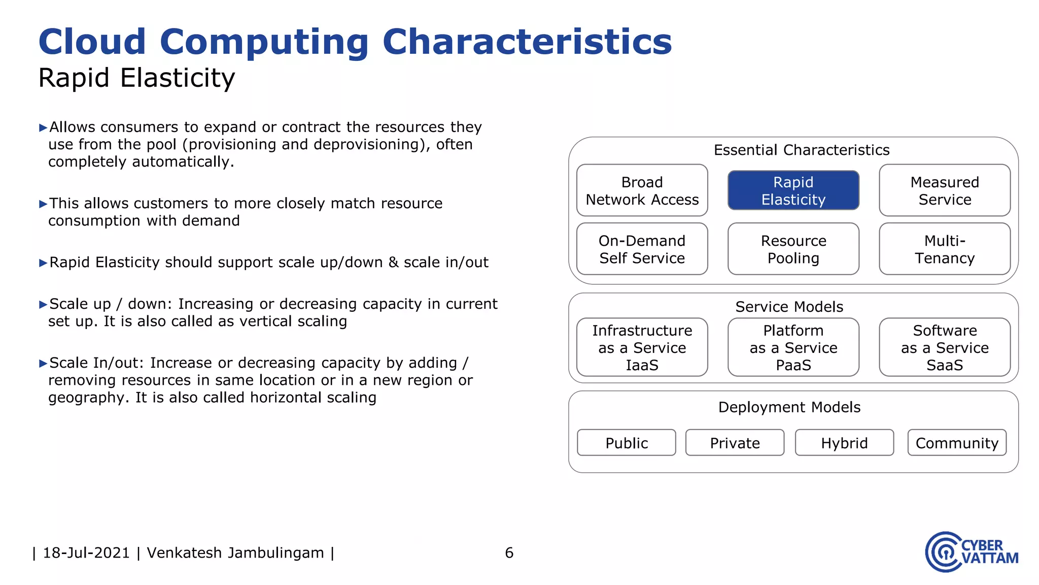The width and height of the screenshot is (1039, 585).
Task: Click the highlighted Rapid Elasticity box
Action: (x=793, y=190)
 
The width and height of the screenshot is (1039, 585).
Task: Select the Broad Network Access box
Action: (x=642, y=190)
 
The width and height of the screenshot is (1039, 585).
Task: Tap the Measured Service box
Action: (x=944, y=190)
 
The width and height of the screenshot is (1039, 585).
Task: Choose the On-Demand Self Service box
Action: (x=642, y=249)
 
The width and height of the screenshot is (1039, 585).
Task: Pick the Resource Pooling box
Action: (x=793, y=249)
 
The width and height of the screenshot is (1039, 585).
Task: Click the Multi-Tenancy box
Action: (x=944, y=249)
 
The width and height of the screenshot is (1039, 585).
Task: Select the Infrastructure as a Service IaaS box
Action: (x=642, y=347)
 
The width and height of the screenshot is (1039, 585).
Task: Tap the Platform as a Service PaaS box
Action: (x=793, y=347)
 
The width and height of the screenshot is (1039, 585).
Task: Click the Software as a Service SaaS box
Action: (x=944, y=347)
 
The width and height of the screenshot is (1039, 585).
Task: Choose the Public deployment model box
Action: (x=626, y=443)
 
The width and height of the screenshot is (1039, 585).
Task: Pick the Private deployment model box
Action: (x=735, y=443)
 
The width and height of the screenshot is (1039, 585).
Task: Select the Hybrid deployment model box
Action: (x=844, y=443)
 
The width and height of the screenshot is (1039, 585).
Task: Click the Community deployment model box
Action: (x=957, y=443)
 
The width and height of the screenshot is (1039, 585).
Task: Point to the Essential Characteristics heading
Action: (x=801, y=150)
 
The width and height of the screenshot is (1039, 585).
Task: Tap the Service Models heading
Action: (x=789, y=307)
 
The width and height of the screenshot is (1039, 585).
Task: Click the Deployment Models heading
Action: (x=789, y=407)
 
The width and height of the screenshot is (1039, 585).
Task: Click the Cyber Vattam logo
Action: (x=971, y=552)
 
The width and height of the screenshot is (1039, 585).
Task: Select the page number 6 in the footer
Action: (x=509, y=552)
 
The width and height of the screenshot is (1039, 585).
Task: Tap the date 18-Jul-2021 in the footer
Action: (x=86, y=552)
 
